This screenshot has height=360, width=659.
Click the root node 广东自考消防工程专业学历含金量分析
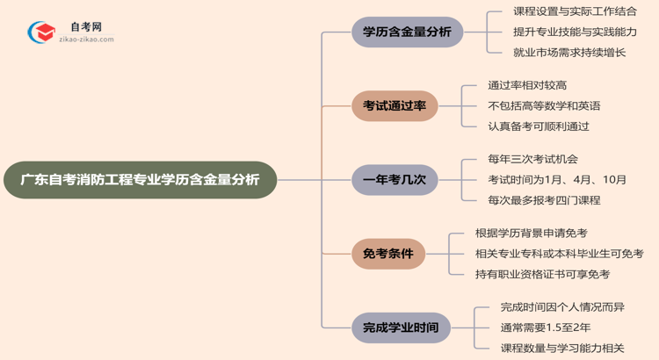tap(140, 180)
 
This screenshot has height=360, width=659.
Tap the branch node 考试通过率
tap(395, 106)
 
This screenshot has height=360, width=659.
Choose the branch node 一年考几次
tap(395, 180)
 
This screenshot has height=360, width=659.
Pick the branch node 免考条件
tap(395, 254)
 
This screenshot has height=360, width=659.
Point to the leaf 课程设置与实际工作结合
tap(576, 12)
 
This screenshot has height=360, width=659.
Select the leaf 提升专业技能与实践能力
tap(576, 32)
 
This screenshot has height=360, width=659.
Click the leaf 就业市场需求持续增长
tap(569, 53)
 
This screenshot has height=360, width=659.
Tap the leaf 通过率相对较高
tap(527, 85)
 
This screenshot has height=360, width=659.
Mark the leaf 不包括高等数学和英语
tap(544, 105)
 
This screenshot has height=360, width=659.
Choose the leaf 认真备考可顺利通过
tap(539, 126)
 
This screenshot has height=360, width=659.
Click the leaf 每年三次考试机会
tap(532, 160)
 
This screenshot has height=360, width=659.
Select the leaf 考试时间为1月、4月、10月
tap(557, 180)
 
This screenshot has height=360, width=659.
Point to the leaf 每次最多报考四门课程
tap(544, 200)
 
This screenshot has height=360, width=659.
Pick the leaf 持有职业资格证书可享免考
tap(542, 274)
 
